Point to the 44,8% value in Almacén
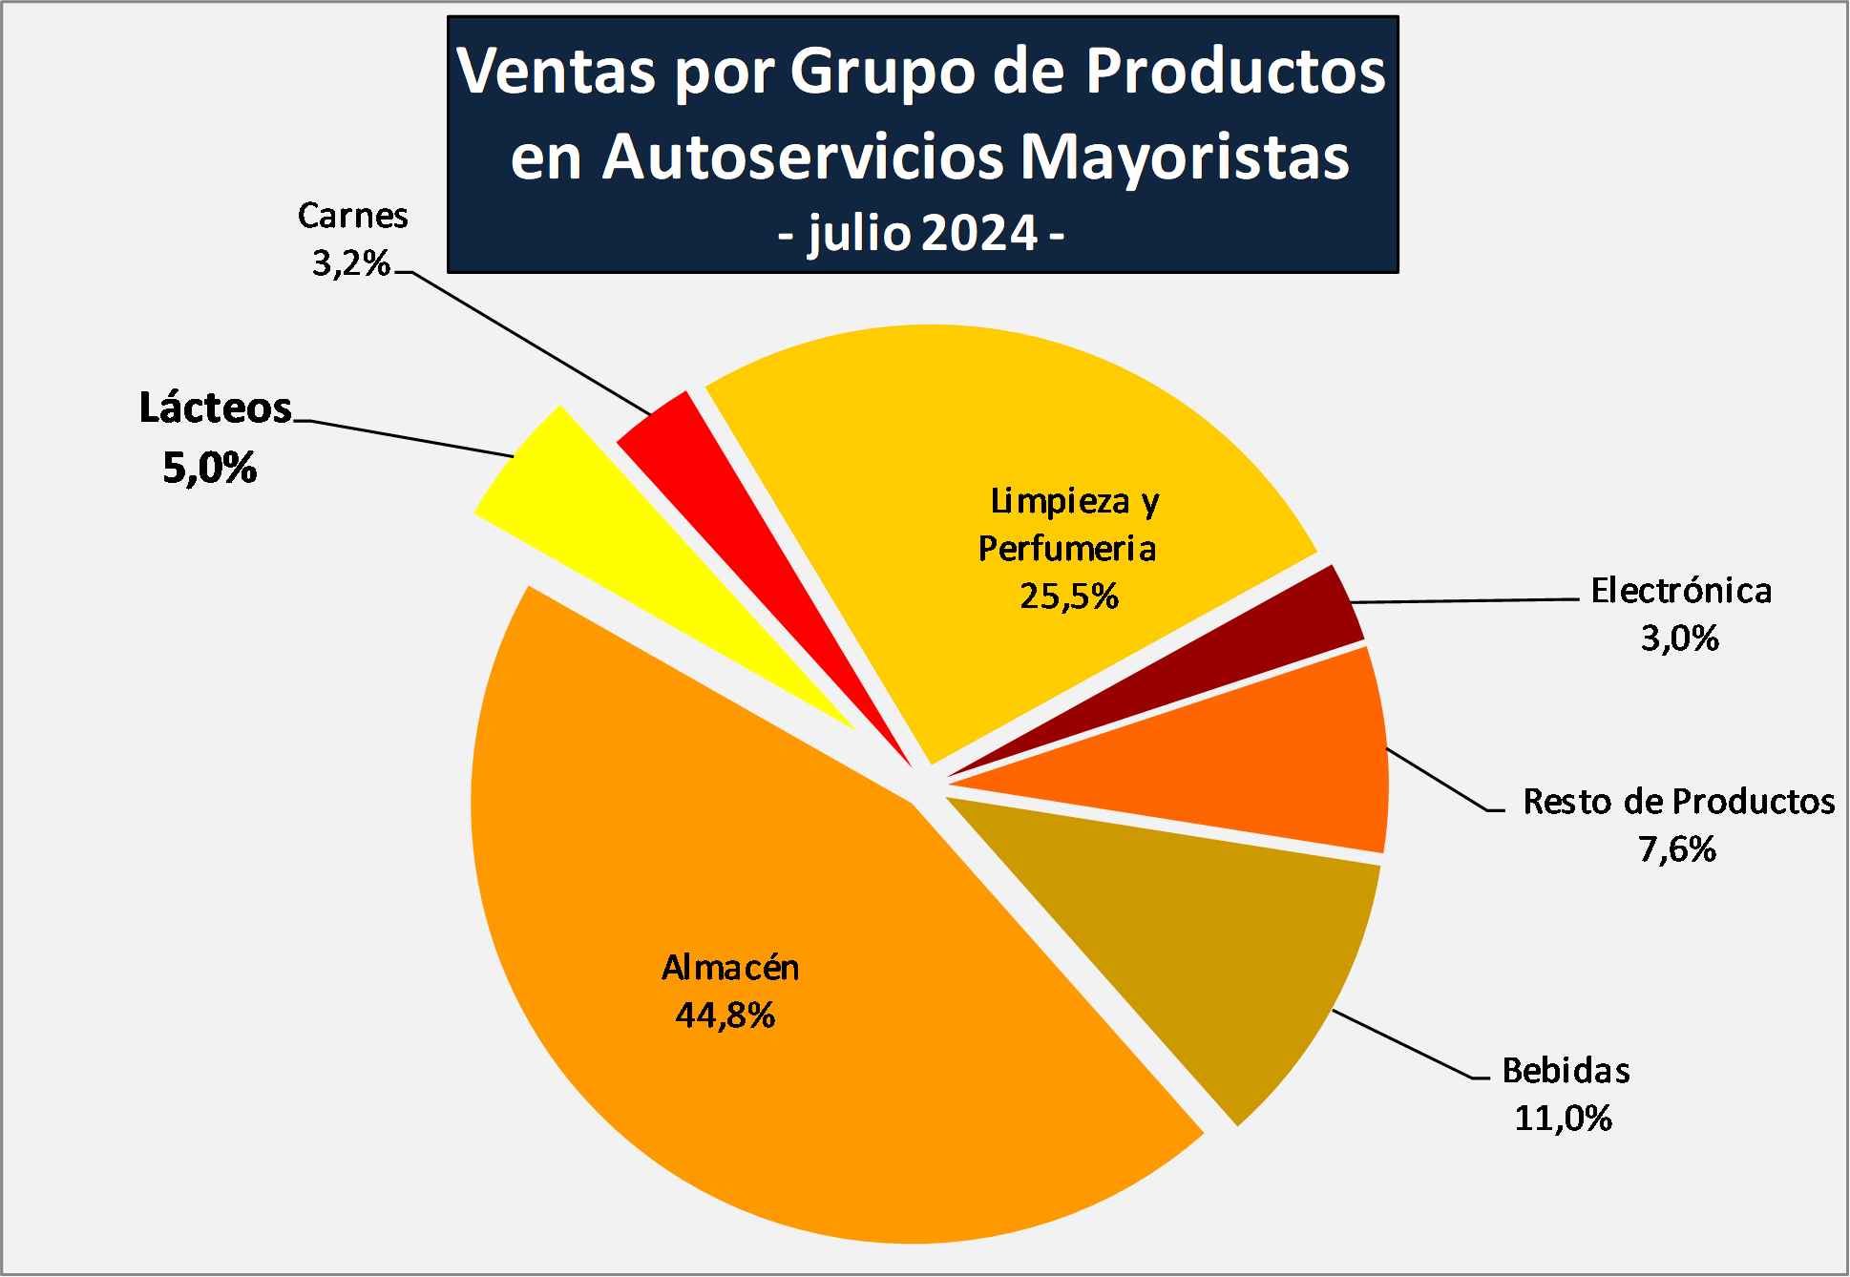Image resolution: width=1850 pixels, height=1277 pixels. [x=725, y=1015]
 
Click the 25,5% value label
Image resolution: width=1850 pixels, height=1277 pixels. [x=1068, y=597]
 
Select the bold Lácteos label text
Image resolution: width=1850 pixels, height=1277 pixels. [x=215, y=408]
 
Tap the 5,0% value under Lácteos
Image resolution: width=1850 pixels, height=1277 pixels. [x=209, y=468]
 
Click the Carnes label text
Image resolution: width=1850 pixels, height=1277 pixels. [x=352, y=216]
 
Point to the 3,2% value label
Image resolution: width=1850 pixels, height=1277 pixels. [x=351, y=262]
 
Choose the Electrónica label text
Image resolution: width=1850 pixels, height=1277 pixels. [x=1680, y=591]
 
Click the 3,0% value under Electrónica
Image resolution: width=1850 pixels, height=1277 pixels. [x=1679, y=638]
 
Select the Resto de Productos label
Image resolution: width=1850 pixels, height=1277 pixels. [x=1678, y=802]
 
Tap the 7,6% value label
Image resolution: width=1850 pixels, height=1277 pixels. [x=1677, y=848]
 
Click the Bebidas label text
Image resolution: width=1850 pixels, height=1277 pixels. [x=1566, y=1071]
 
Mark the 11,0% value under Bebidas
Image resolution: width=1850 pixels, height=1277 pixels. [x=1563, y=1118]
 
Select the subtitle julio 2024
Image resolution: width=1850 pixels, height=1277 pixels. [x=922, y=234]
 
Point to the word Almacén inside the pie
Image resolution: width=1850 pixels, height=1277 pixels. [x=730, y=968]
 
